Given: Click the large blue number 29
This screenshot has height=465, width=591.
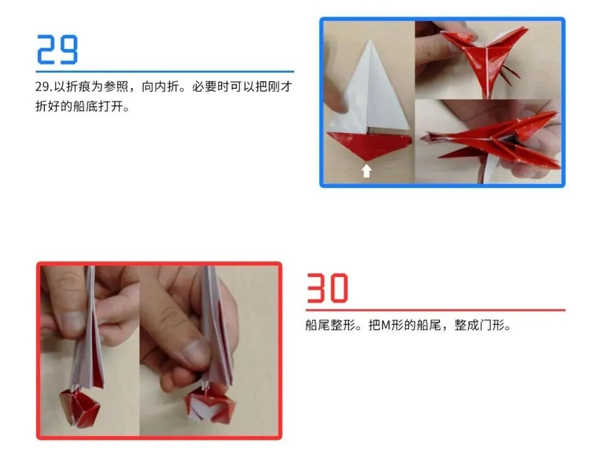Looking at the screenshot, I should coord(57,50).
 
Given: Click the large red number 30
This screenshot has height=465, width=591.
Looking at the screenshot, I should coord(327,289).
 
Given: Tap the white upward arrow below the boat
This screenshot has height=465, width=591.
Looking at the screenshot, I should coord(367,171).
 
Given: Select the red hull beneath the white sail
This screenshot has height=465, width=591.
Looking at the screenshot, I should coord(368,144).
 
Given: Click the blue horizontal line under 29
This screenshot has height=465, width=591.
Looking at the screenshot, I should coord(164,71).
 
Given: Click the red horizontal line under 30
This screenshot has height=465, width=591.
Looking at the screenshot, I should coord(435,310).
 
